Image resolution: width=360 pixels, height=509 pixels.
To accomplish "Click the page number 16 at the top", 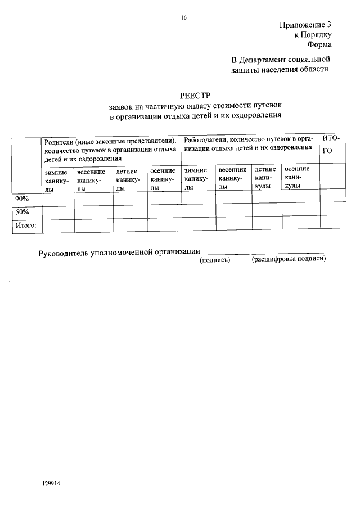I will tap(183, 17).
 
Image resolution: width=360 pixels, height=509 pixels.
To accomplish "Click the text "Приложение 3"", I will tap(305, 25).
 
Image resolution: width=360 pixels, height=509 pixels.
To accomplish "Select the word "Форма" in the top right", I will tap(319, 45).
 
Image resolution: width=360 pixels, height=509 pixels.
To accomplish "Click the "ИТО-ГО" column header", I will tap(332, 144).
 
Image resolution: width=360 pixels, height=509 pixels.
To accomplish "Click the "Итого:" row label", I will tap(25, 226).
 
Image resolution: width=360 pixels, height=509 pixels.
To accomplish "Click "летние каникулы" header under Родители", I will tap(129, 179).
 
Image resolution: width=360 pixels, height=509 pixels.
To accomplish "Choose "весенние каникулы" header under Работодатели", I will tap(232, 178).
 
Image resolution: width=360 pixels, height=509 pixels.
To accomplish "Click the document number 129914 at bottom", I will tap(51, 483).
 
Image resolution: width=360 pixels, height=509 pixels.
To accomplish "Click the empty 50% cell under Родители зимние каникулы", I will tap(57, 211).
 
